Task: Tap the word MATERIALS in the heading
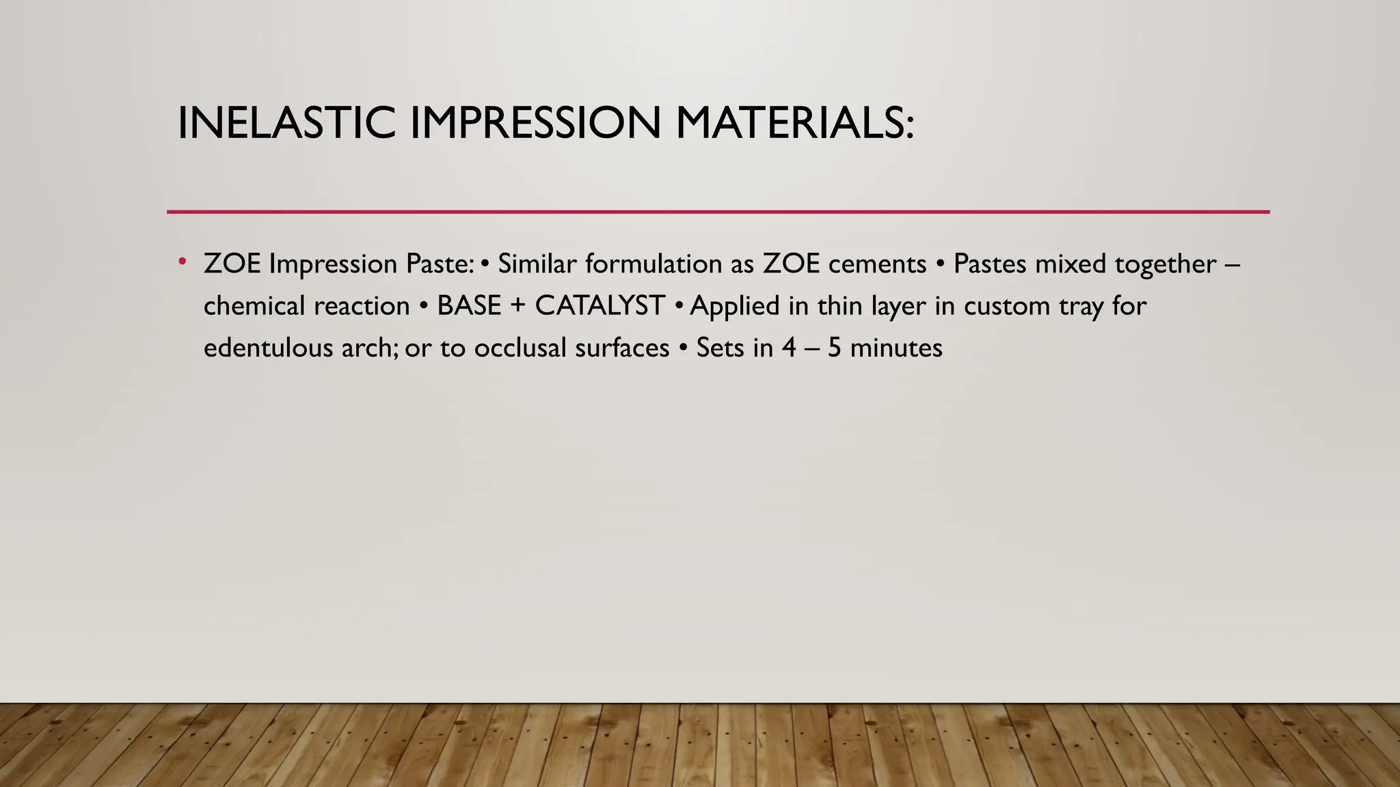pyautogui.click(x=794, y=124)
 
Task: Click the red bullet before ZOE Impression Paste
pyautogui.click(x=182, y=261)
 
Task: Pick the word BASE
pyautogui.click(x=469, y=306)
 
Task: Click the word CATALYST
pyautogui.click(x=600, y=306)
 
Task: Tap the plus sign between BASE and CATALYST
pyautogui.click(x=517, y=307)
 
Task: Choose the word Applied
pyautogui.click(x=735, y=306)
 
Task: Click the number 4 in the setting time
pyautogui.click(x=790, y=348)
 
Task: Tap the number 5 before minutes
pyautogui.click(x=834, y=348)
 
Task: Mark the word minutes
pyautogui.click(x=896, y=348)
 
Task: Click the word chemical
pyautogui.click(x=254, y=306)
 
